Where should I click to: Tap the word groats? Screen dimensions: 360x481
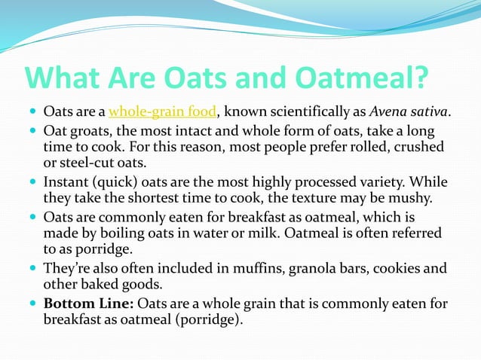[x=87, y=130]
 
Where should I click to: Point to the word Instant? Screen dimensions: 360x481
[x=69, y=183]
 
